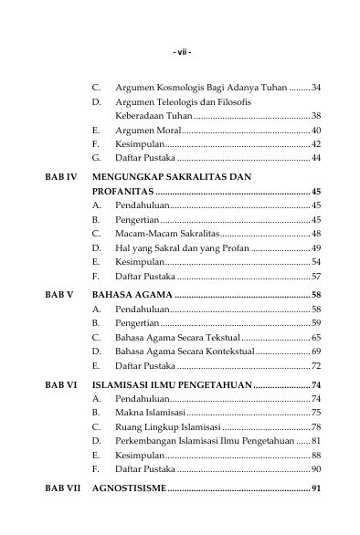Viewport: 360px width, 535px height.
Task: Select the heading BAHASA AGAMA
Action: (x=132, y=296)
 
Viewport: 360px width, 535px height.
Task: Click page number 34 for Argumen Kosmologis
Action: (x=316, y=87)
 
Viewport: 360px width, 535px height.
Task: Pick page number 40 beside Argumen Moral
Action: (x=316, y=131)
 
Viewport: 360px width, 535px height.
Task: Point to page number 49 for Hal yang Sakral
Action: (x=316, y=248)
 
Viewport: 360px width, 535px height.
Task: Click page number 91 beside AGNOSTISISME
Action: (x=316, y=488)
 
